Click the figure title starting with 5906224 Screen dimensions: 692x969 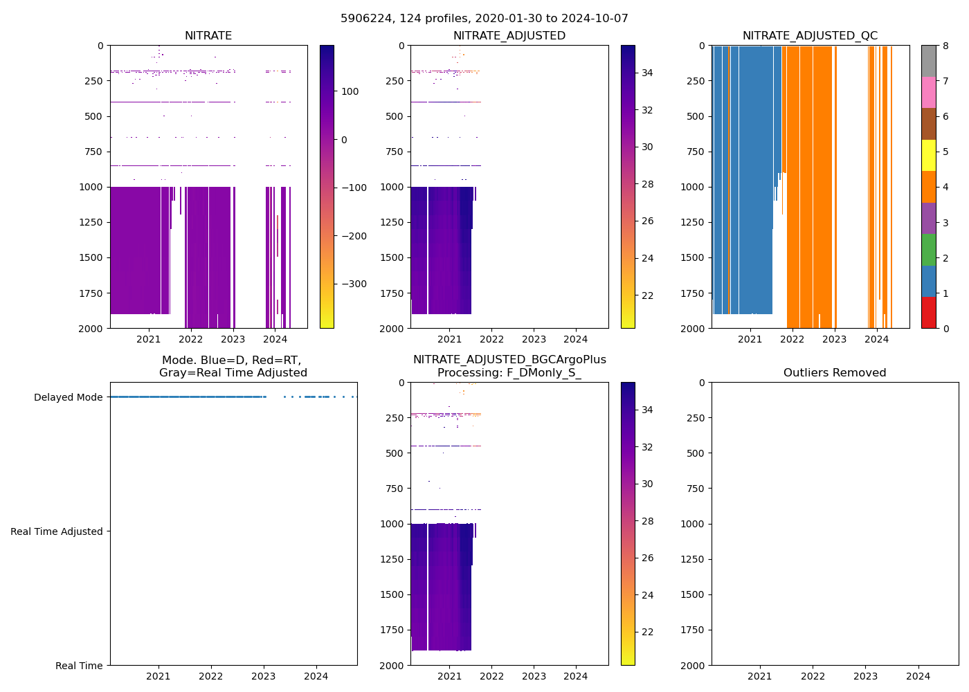point(484,19)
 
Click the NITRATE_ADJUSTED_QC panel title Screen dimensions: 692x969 point(810,36)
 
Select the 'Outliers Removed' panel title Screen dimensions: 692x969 point(834,373)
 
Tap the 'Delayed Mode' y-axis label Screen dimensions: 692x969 point(68,397)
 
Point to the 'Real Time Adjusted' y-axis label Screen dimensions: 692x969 point(57,531)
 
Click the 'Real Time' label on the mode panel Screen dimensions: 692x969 point(79,666)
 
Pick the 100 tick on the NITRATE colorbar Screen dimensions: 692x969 point(350,91)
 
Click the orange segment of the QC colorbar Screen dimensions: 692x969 point(928,187)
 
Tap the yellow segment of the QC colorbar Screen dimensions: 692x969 point(928,155)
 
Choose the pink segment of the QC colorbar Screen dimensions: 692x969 point(928,92)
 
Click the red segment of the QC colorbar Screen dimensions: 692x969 point(928,312)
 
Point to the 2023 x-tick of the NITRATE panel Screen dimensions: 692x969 point(233,339)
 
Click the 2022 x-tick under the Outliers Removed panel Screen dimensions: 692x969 point(813,676)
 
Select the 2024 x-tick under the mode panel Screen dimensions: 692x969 point(316,676)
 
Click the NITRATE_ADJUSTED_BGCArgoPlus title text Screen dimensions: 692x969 point(509,360)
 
